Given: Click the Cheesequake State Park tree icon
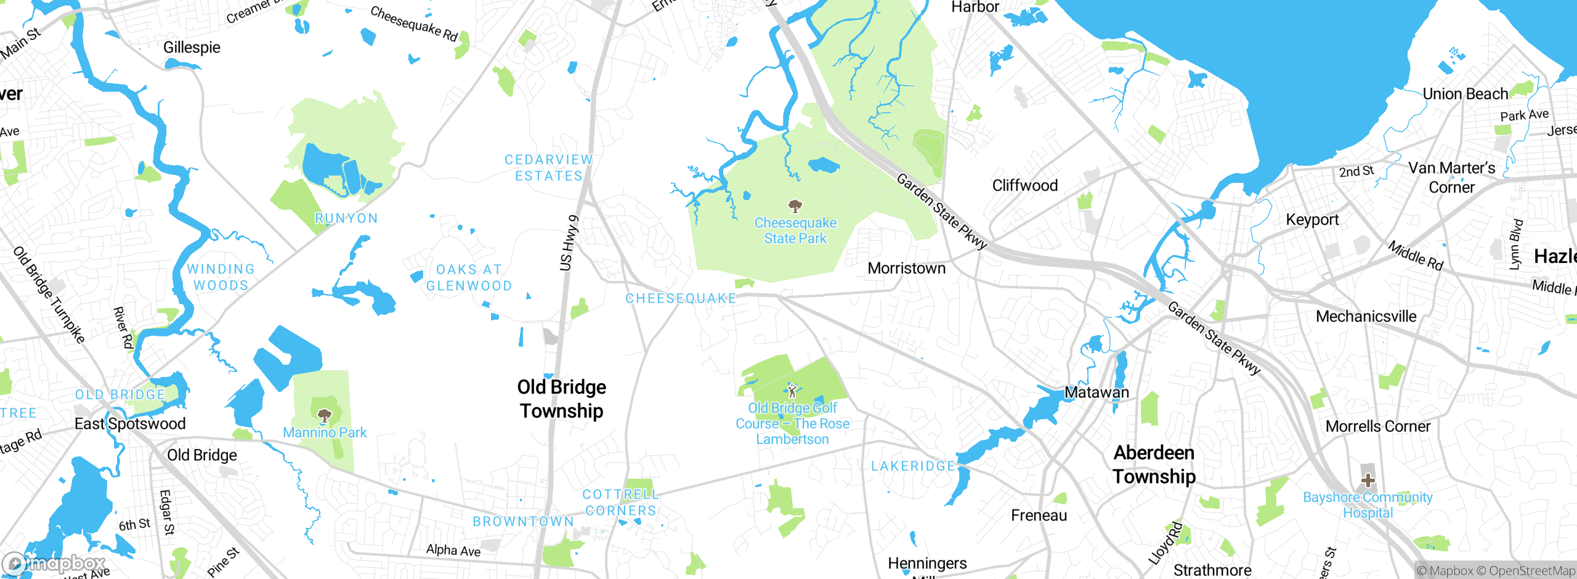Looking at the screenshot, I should [795, 206].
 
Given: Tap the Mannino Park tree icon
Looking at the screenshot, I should [325, 416].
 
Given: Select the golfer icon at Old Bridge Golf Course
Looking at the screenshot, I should [792, 390].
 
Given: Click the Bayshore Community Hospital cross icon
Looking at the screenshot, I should [1368, 480].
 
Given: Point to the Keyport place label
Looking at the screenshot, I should [1312, 220].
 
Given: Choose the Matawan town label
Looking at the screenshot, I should [1097, 392].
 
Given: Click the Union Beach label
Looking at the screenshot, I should [1465, 94].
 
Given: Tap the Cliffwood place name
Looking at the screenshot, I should [1024, 185].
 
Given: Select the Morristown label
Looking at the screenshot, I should [906, 269].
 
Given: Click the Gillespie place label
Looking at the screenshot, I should [192, 47].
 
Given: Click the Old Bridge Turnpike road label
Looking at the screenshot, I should [49, 294].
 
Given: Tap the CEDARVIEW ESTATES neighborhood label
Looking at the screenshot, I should [548, 168].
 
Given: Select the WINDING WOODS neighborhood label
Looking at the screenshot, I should [221, 277].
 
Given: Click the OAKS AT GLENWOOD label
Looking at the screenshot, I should [469, 278].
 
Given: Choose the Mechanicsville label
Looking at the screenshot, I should [1366, 317].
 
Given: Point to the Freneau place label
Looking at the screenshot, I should [1039, 516].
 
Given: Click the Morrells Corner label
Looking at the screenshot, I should [1377, 426].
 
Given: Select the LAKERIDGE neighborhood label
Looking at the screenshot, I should [913, 466].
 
